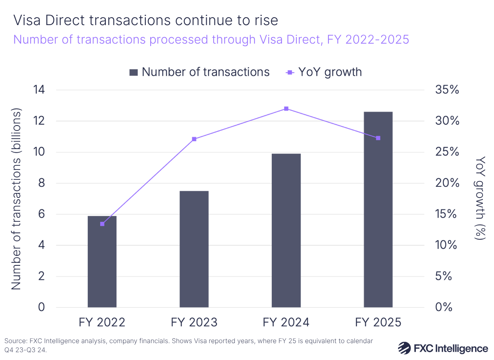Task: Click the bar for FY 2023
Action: click(194, 249)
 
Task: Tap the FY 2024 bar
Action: click(286, 230)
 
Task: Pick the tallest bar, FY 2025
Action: click(378, 209)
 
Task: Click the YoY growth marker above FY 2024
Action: click(286, 109)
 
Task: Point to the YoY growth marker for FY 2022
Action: click(102, 224)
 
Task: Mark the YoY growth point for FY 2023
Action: click(194, 139)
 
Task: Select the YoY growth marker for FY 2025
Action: click(378, 138)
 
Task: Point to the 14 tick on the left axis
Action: click(39, 90)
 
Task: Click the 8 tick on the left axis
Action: click(42, 183)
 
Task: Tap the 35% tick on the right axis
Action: click(447, 90)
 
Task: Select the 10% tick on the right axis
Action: click(447, 245)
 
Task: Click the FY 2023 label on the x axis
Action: click(194, 322)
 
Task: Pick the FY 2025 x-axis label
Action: click(378, 322)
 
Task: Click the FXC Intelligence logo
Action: click(443, 348)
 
